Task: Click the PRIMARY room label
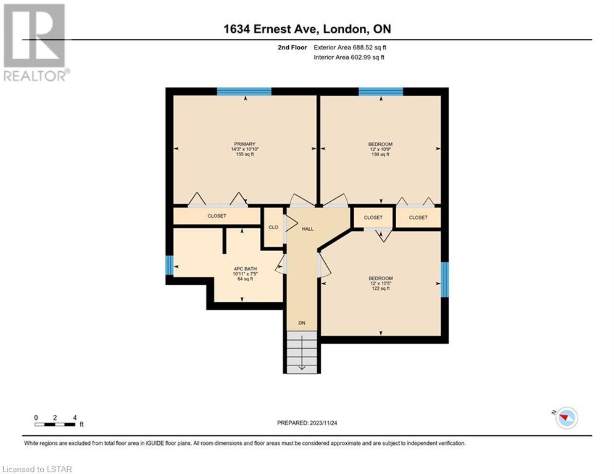(x=245, y=144)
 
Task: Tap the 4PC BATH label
(x=245, y=268)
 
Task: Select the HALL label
(x=308, y=229)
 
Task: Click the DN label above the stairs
(x=302, y=323)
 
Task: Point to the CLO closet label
(x=273, y=227)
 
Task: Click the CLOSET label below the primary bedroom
(x=217, y=216)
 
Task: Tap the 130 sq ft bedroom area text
(x=380, y=154)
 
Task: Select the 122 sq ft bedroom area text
(x=381, y=288)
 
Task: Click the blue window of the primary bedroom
(x=244, y=92)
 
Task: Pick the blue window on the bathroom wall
(x=169, y=265)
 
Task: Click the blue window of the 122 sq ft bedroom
(x=445, y=280)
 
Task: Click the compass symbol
(x=566, y=418)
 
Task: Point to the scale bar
(x=55, y=424)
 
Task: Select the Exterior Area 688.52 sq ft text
(x=350, y=48)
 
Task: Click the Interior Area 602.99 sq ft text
(x=349, y=57)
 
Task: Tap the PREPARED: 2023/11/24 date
(x=307, y=423)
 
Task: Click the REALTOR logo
(x=35, y=43)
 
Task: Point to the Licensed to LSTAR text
(x=37, y=469)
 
